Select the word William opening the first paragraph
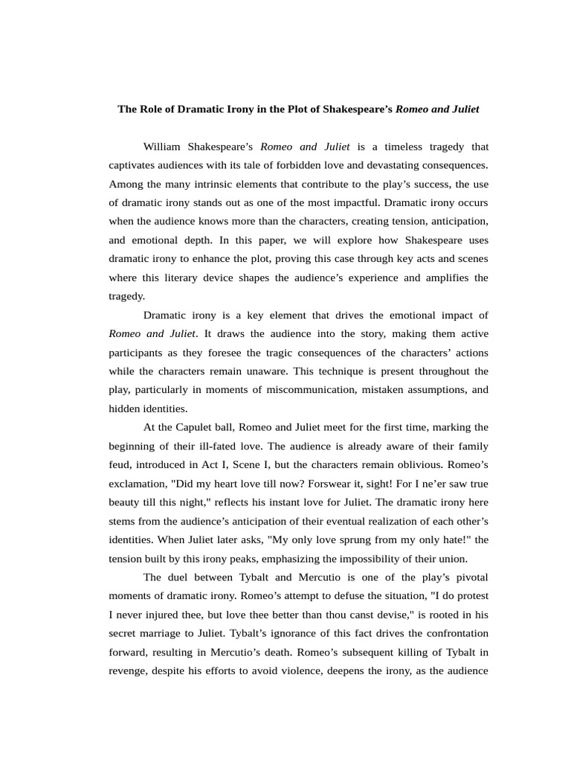click(167, 147)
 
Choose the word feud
click(120, 464)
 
